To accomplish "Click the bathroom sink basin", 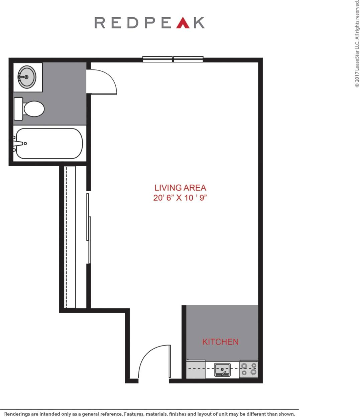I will click(27, 77).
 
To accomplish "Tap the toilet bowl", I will click(34, 109).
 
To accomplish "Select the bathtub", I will click(49, 144).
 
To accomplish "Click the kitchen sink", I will click(222, 370).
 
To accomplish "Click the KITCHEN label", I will click(220, 342).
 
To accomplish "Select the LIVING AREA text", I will click(180, 188).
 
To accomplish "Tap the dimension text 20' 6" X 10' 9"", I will click(180, 198).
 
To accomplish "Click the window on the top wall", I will click(173, 59).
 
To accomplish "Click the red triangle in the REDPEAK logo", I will click(183, 23).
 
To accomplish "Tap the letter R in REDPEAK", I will click(100, 23).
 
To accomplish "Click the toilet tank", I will click(18, 109).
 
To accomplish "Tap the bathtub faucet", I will click(18, 144).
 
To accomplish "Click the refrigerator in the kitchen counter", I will click(196, 369).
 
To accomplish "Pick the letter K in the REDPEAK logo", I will click(200, 23).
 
